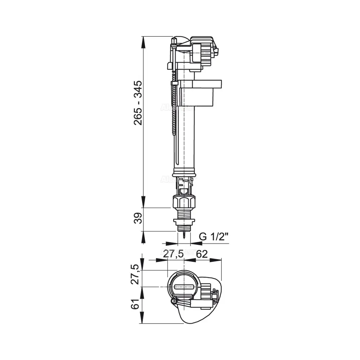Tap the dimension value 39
138,219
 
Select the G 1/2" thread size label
214,237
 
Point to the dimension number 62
202,254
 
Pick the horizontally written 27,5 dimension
174,254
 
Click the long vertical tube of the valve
186,137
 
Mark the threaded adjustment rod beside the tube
175,115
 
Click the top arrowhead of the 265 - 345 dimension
144,40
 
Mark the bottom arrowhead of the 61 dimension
144,320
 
